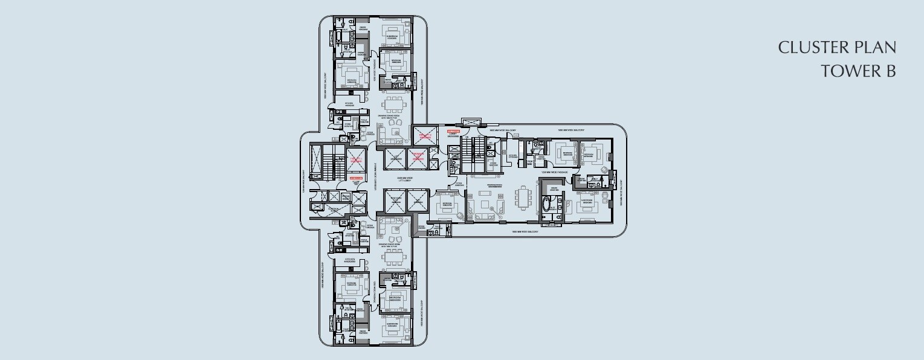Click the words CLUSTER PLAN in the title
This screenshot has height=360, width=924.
pos(836,48)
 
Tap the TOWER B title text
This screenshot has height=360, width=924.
pos(858,71)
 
